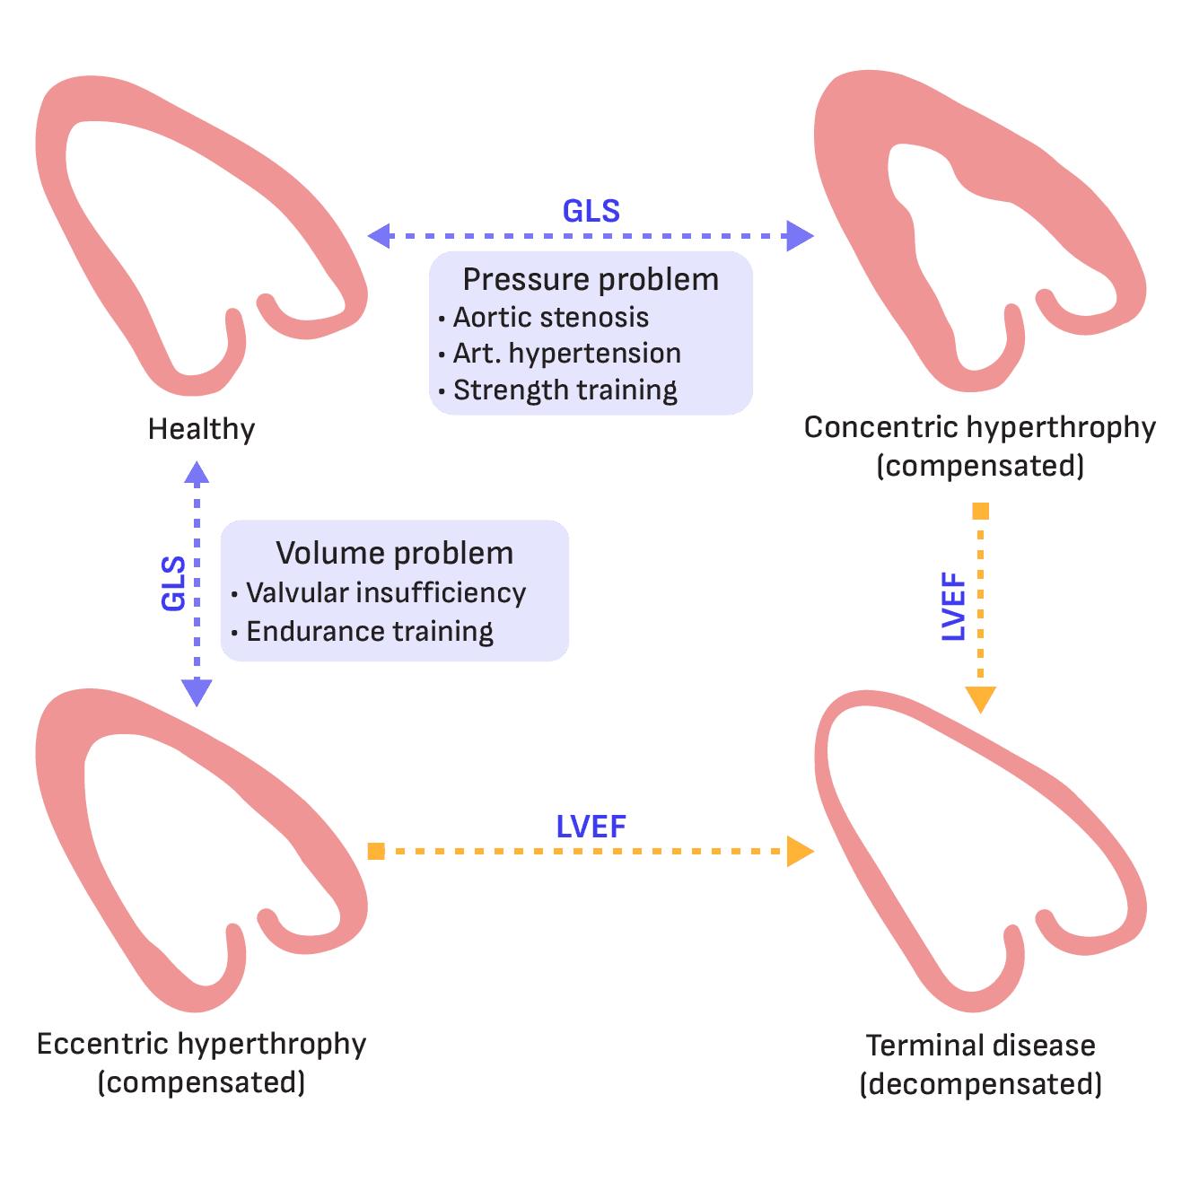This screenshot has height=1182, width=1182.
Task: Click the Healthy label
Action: coord(201,429)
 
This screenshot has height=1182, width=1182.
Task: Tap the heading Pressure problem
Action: coord(591,280)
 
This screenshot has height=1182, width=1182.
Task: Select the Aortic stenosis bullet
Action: coord(550,318)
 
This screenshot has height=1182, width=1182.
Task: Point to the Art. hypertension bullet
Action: coord(566,354)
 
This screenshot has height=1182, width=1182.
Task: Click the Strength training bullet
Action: coord(565,390)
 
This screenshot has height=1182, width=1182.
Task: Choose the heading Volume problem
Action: coord(394,553)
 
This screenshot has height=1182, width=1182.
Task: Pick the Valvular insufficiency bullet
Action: coord(386,593)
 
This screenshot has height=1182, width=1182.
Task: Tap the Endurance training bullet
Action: coord(370,632)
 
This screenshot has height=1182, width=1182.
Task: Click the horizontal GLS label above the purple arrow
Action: coord(591,211)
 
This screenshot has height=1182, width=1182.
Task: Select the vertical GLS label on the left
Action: coord(173,583)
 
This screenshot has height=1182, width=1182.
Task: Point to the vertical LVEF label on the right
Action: coord(954,607)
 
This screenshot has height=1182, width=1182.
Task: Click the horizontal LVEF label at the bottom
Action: coord(591,827)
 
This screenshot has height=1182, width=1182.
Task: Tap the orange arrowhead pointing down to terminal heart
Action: coord(980,699)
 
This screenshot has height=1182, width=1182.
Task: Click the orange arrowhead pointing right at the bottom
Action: coord(799,851)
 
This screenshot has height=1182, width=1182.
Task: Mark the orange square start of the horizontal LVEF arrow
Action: coord(376,851)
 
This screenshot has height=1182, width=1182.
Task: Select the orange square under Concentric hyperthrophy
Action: coord(980,512)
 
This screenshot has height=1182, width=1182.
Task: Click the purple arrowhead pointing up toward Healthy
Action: coord(197,472)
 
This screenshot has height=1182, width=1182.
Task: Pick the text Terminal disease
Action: coord(980,1046)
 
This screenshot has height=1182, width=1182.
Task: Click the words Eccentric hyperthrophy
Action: coord(201,1044)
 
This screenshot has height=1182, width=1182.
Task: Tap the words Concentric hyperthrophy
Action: coord(979,427)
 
